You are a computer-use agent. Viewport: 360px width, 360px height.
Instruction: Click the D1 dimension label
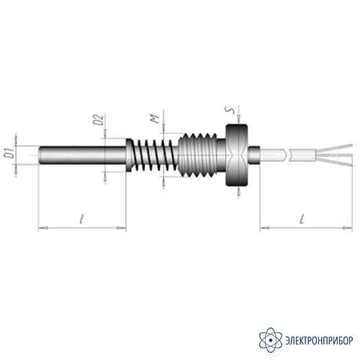tap(9, 153)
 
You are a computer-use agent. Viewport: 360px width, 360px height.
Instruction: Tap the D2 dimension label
tap(99, 120)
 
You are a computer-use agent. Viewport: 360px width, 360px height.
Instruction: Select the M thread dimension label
tap(156, 119)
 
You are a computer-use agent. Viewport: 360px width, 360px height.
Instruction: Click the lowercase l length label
tap(82, 219)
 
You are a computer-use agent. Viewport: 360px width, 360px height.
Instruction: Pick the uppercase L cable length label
tap(302, 219)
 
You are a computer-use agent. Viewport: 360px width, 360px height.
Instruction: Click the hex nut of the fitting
tap(237, 155)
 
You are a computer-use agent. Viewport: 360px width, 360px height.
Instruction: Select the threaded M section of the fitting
tap(198, 155)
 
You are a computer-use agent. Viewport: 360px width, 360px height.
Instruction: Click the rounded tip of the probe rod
tap(40, 155)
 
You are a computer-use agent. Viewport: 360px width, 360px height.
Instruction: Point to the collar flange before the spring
tap(129, 155)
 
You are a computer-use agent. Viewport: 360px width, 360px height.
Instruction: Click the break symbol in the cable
tap(287, 155)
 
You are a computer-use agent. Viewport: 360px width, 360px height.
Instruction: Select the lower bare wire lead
tap(334, 161)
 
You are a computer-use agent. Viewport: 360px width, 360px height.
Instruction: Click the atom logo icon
tap(271, 340)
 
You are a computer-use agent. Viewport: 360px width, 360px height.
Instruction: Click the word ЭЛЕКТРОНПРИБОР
tap(319, 341)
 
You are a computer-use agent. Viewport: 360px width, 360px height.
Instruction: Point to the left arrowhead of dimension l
tap(43, 228)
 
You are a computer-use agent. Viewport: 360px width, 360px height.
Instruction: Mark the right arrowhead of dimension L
tap(348, 228)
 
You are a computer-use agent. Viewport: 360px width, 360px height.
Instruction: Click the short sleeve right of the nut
tap(254, 155)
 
